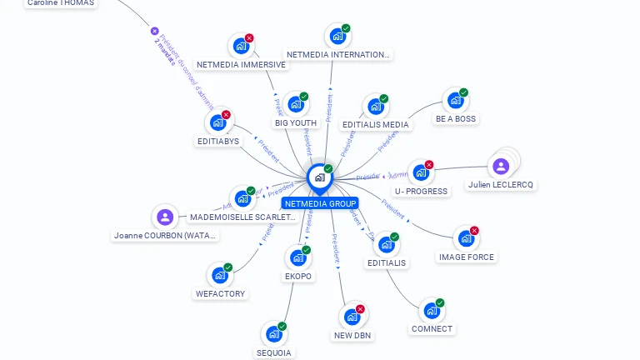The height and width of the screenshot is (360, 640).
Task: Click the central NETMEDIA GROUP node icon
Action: pos(318,177)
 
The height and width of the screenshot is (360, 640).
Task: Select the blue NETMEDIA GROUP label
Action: pos(320,203)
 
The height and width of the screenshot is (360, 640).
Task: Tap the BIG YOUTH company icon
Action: pos(294,106)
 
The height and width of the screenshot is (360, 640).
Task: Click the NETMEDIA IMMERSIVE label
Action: pos(241,65)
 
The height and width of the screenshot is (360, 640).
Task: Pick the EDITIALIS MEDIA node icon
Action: pos(375,107)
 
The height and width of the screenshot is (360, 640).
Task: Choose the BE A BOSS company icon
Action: pos(455,101)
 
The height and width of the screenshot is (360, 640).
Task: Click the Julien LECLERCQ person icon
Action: pos(501,166)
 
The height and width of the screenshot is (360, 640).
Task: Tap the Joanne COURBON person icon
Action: pos(165,217)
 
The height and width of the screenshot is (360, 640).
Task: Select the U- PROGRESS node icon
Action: pos(420,173)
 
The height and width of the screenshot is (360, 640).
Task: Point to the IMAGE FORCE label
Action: pos(467,257)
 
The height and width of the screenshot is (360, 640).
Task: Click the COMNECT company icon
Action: pos(431,311)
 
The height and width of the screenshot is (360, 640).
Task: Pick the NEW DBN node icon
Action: pos(352,317)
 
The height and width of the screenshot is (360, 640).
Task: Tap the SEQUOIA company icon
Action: pos(273,335)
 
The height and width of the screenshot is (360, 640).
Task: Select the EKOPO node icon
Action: pos(297,258)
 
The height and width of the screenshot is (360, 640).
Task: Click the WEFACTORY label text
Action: pos(220,293)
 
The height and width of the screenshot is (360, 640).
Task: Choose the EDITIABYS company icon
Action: pos(217,123)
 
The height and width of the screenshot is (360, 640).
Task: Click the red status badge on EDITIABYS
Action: pos(226,115)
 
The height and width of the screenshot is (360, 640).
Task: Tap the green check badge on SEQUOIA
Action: pos(282,327)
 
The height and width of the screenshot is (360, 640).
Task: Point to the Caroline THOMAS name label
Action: pos(61,3)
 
